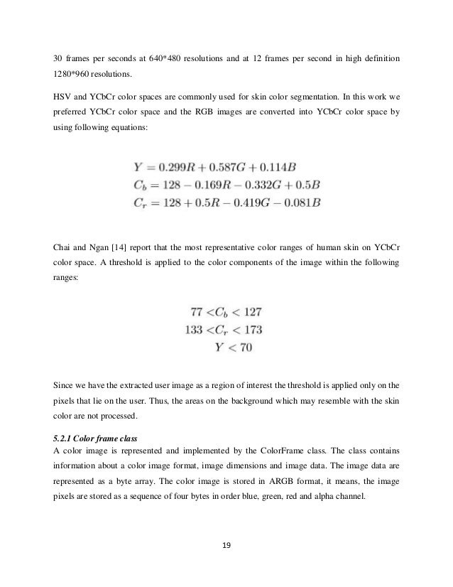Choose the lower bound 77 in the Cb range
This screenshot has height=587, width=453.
200,312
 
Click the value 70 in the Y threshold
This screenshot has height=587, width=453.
244,348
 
